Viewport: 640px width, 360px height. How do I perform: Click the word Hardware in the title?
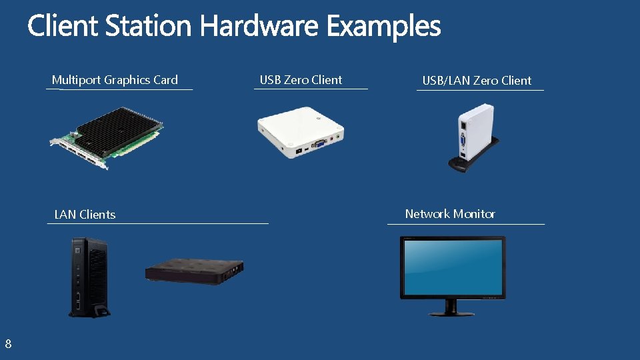(261, 27)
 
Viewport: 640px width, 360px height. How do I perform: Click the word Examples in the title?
(383, 27)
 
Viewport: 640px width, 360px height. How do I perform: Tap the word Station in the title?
(148, 27)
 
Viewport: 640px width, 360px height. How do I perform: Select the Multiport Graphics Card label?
(115, 80)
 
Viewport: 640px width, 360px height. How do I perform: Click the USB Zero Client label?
(301, 80)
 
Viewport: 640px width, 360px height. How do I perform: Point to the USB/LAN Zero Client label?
(477, 81)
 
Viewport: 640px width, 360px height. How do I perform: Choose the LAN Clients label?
(85, 215)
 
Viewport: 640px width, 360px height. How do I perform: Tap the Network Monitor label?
(450, 214)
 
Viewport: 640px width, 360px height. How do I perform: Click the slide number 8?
(8, 344)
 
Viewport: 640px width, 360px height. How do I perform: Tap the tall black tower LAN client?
(89, 277)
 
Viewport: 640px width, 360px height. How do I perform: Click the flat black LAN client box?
(194, 270)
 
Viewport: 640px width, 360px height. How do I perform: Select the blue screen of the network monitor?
(452, 266)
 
